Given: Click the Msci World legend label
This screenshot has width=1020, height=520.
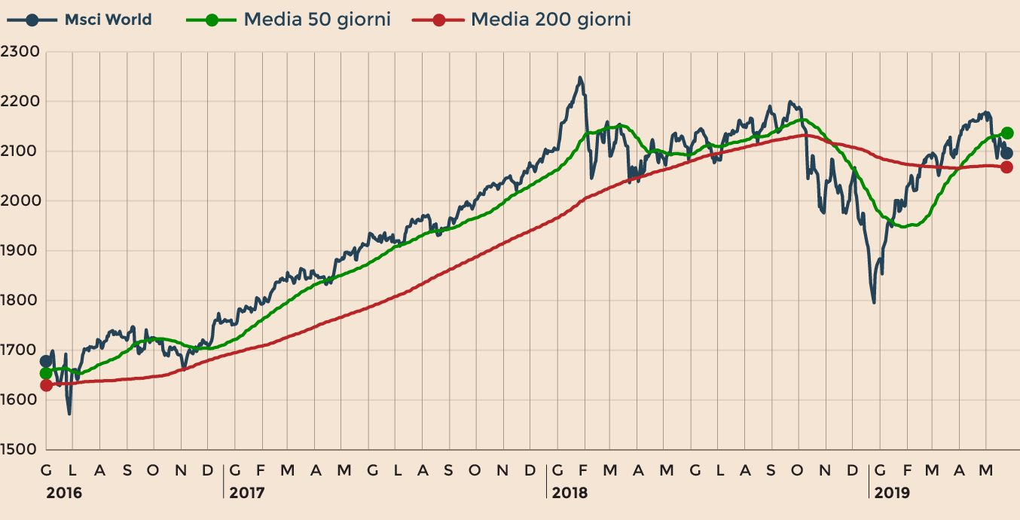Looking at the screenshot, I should (x=108, y=20).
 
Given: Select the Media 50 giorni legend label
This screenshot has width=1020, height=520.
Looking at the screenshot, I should (x=317, y=20).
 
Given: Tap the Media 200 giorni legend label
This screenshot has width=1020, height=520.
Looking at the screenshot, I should (x=551, y=20).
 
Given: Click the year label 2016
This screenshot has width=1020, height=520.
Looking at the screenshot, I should (x=64, y=493).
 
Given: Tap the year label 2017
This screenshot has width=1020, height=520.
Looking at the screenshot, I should (x=248, y=493).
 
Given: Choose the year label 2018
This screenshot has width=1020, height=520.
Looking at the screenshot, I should (x=570, y=493).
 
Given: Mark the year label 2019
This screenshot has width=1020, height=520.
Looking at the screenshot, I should (x=892, y=493).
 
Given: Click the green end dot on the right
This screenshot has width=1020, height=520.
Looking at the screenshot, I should (x=1007, y=133).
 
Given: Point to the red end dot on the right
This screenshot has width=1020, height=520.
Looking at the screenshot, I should (x=1006, y=167).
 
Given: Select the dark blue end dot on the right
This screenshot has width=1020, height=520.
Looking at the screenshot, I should (x=1007, y=153).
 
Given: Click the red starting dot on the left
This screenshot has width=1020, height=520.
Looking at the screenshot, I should (x=46, y=385).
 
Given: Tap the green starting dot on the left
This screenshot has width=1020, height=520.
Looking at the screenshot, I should (x=46, y=373).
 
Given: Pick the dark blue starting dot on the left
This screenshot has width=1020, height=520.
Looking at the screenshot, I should (x=46, y=362).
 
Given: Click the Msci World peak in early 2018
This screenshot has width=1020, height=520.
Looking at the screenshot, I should (x=579, y=77).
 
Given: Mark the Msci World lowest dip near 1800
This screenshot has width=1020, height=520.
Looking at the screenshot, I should (x=874, y=303).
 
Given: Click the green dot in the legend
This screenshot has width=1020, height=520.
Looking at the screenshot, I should (x=212, y=20).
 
